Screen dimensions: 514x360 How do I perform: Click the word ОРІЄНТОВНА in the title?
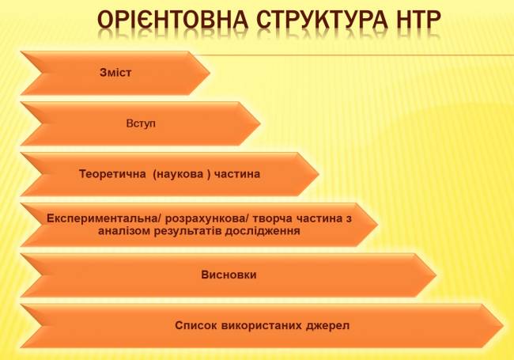tap(172, 20)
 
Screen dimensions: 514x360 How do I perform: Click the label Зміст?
tap(115, 73)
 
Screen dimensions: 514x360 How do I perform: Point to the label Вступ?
tap(141, 123)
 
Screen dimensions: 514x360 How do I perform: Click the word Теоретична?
tap(112, 174)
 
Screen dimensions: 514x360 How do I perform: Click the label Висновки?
tap(229, 275)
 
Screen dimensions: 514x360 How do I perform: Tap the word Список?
tap(196, 325)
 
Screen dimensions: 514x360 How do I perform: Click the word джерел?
tap(328, 325)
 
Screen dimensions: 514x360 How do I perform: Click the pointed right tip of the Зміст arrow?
tap(210, 73)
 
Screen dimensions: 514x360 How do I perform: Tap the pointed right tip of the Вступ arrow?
tap(260, 123)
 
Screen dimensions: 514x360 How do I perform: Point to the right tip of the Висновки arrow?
tap(437, 275)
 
